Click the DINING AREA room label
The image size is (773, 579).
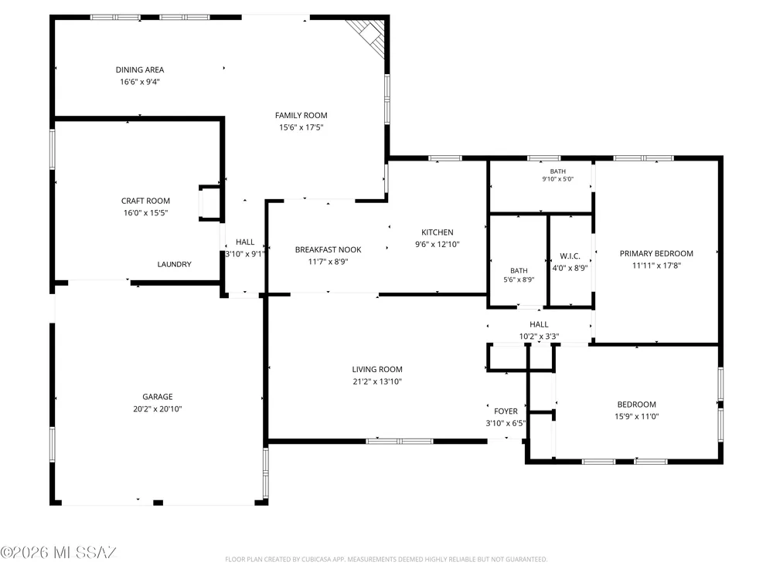pyautogui.click(x=139, y=70)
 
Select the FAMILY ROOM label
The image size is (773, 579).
pyautogui.click(x=301, y=115)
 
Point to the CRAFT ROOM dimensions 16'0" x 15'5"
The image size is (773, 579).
pyautogui.click(x=145, y=213)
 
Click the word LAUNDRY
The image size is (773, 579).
pyautogui.click(x=174, y=264)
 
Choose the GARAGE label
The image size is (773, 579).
pyautogui.click(x=157, y=397)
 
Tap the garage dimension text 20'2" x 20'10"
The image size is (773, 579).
pyautogui.click(x=157, y=408)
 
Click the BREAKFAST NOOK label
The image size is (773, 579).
pyautogui.click(x=329, y=249)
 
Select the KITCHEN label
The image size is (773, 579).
pyautogui.click(x=438, y=232)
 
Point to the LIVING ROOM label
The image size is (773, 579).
pyautogui.click(x=377, y=369)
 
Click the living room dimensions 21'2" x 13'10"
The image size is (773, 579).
pyautogui.click(x=377, y=381)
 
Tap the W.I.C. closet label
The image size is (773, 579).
pyautogui.click(x=570, y=256)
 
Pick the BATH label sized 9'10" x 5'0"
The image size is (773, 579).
pyautogui.click(x=558, y=171)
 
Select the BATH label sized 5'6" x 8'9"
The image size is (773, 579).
pyautogui.click(x=519, y=271)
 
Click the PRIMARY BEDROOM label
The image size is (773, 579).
pyautogui.click(x=656, y=253)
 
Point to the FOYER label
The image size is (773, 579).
pyautogui.click(x=506, y=411)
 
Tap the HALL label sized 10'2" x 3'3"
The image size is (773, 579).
pyautogui.click(x=539, y=324)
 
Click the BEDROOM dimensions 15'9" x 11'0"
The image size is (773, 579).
pyautogui.click(x=636, y=417)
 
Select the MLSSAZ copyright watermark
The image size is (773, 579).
pyautogui.click(x=58, y=553)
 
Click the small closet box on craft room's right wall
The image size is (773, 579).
pyautogui.click(x=209, y=203)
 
